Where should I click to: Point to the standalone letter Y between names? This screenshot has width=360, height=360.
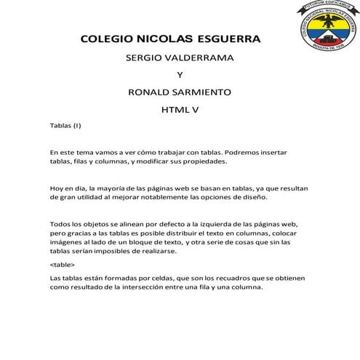180,75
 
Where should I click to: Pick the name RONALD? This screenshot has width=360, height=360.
148,92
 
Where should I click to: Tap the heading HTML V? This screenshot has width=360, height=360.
179,111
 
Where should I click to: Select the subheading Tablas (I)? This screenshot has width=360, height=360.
65,127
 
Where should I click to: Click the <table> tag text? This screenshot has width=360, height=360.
62,265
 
